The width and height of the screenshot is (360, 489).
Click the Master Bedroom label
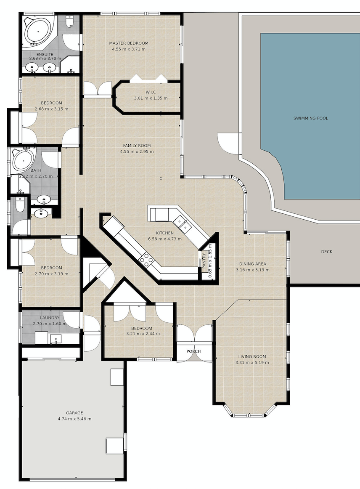(x=129, y=43)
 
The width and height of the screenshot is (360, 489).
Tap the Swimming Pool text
(x=311, y=118)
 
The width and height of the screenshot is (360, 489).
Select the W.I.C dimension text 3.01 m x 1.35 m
(x=151, y=98)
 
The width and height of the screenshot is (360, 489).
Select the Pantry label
(x=204, y=261)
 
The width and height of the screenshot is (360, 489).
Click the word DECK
(x=327, y=252)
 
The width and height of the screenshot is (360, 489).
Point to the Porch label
(x=193, y=351)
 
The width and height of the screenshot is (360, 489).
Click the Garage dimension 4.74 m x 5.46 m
(x=74, y=419)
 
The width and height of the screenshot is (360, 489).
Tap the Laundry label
(x=50, y=318)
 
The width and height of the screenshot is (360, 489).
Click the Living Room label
(x=252, y=356)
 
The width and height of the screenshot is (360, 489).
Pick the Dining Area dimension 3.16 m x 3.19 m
(x=253, y=270)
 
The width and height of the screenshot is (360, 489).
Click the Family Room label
(x=137, y=145)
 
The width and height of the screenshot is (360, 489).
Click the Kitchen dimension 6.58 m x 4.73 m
(x=165, y=239)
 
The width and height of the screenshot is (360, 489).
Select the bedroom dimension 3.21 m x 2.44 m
(x=143, y=333)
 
